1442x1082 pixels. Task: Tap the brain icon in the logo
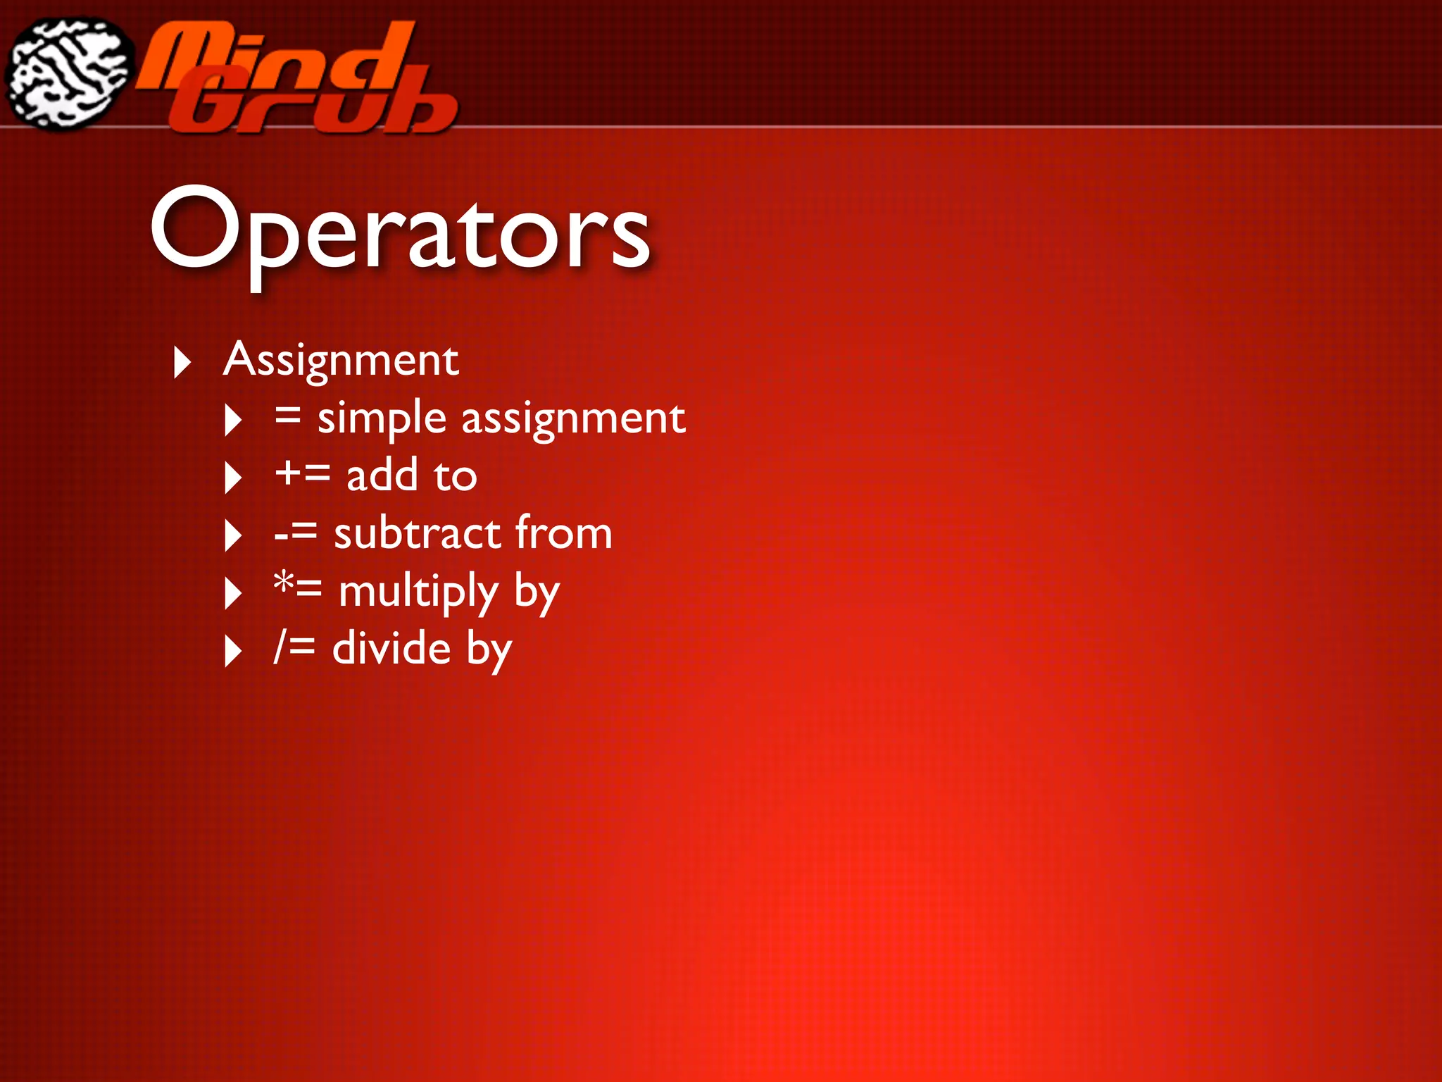tap(68, 73)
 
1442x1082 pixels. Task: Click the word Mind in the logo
tap(275, 56)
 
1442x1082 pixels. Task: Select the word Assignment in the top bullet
tap(341, 361)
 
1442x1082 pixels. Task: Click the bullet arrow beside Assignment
tap(182, 362)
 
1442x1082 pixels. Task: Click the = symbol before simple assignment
tap(287, 416)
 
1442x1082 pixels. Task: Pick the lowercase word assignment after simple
tap(573, 418)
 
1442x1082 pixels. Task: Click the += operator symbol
tap(302, 473)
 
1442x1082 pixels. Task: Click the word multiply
tap(418, 592)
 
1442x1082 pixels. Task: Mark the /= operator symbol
tap(294, 647)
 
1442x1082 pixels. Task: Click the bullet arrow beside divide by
tap(233, 651)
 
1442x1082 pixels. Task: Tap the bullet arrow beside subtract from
tap(233, 535)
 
